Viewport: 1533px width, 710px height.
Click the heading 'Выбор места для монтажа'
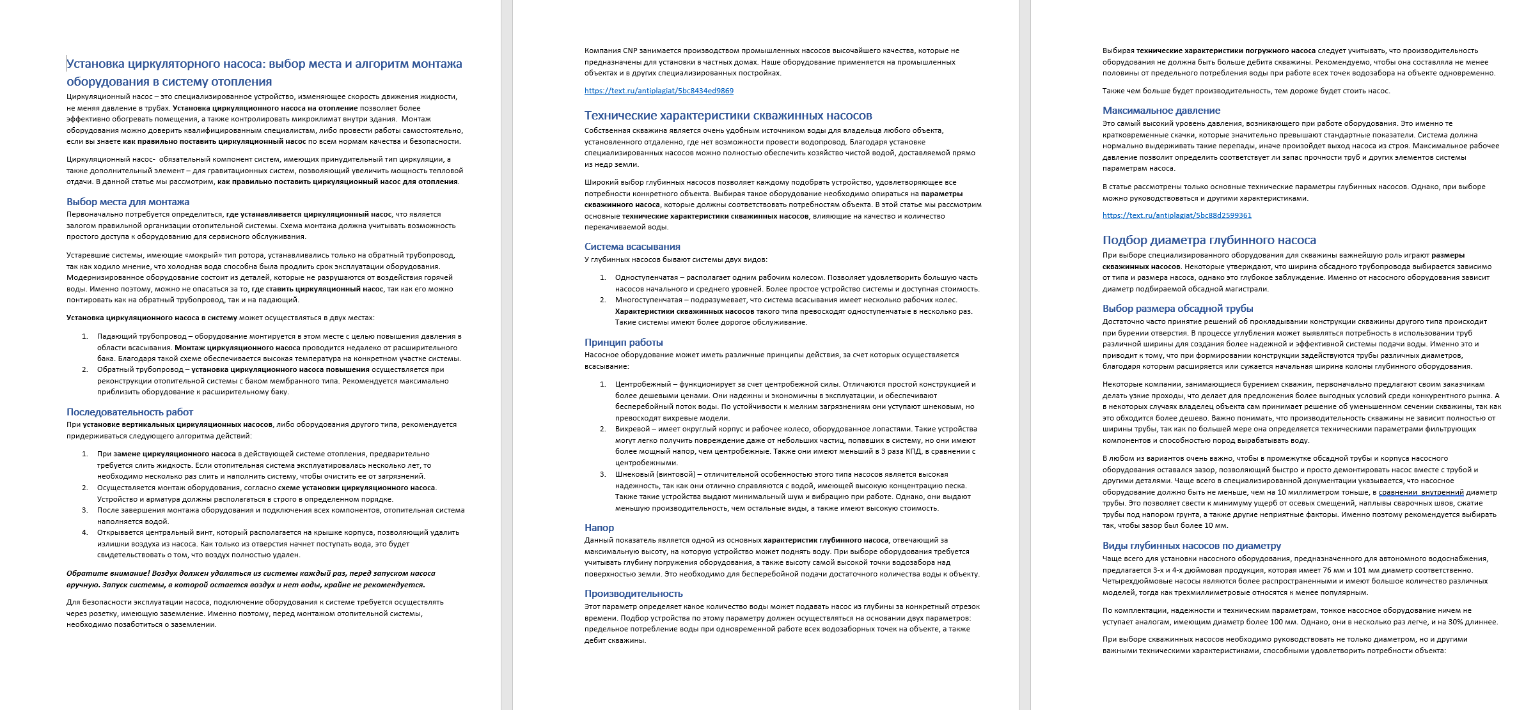click(x=128, y=202)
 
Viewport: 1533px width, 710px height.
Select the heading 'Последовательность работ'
click(x=130, y=412)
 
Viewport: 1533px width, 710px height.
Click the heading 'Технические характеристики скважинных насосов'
click(x=728, y=116)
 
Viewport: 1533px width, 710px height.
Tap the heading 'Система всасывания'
click(x=632, y=247)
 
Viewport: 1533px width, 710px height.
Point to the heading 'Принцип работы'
click(x=623, y=343)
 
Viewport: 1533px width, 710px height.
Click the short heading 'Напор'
click(x=599, y=528)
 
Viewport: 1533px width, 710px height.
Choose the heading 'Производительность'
click(x=633, y=594)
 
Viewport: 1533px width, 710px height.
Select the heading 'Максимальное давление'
click(x=1161, y=111)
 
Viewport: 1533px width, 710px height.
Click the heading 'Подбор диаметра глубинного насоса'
click(x=1209, y=240)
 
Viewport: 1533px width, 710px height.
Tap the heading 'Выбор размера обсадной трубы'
click(x=1177, y=309)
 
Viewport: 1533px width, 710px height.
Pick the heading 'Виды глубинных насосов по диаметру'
click(x=1191, y=546)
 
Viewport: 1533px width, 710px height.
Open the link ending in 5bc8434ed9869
click(x=659, y=91)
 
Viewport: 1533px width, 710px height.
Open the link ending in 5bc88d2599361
click(x=1177, y=215)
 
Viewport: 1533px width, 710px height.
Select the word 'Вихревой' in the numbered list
click(x=632, y=429)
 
